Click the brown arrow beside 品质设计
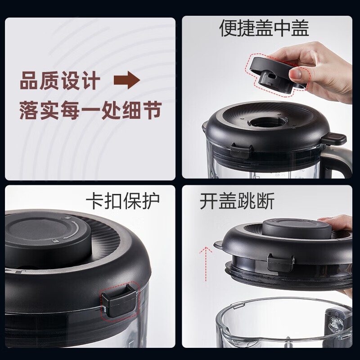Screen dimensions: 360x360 pos(127,80)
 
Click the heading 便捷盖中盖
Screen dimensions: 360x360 pos(264,28)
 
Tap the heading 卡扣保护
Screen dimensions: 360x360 pos(123,201)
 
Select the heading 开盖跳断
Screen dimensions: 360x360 pos(237,201)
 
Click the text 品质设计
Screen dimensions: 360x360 pos(60,81)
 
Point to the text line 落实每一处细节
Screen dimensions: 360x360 pos(90,110)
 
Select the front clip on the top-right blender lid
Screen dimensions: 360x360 pos(242,150)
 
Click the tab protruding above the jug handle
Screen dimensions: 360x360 pos(334,139)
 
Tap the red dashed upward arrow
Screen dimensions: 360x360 pos(206,264)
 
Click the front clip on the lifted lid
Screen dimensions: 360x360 pos(280,262)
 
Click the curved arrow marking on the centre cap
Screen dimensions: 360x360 pos(73,229)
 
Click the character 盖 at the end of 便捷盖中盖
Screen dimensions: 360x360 pos(300,28)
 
